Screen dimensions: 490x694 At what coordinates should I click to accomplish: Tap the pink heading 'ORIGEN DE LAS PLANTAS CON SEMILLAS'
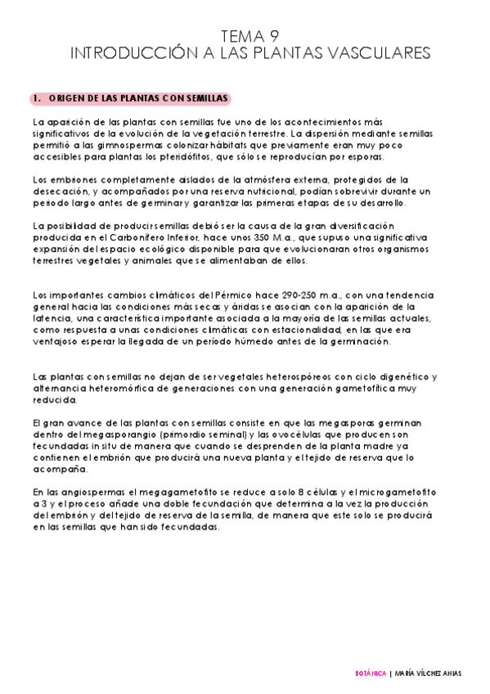point(132,98)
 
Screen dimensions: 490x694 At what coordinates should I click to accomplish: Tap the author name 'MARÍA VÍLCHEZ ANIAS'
point(428,674)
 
